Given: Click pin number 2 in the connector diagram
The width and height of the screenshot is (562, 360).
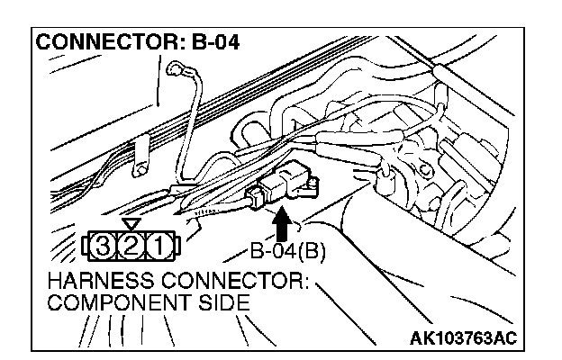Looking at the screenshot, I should [132, 245].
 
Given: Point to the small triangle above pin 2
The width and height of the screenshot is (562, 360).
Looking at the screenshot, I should [132, 224].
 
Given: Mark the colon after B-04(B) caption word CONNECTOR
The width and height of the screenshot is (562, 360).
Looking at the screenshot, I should [305, 283].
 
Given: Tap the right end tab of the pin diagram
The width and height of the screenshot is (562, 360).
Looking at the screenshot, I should [179, 245].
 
